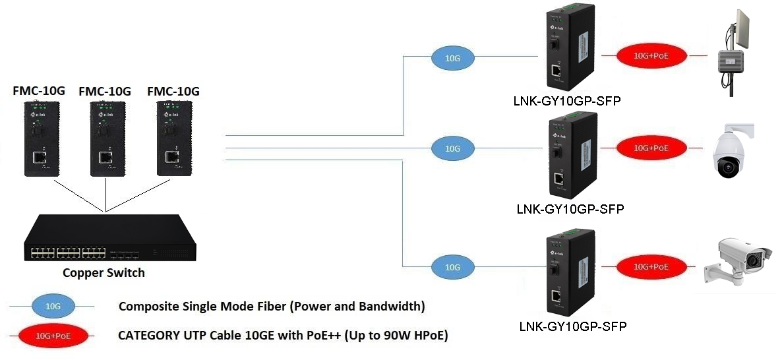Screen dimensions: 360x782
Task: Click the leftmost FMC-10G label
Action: [x=39, y=91]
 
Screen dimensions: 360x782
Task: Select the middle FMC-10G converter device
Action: [x=105, y=139]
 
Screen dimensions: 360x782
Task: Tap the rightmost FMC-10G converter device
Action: [x=174, y=139]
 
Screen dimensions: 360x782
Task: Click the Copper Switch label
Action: [x=104, y=272]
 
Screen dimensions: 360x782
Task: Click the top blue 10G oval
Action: [x=453, y=58]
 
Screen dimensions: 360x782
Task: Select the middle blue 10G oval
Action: [x=452, y=149]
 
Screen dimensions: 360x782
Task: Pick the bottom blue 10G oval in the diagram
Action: [x=452, y=267]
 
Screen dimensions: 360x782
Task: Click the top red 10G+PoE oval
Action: [x=651, y=56]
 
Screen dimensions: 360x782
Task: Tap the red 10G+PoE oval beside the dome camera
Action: [x=651, y=148]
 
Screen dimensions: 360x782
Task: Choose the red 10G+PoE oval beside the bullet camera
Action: [x=651, y=266]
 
